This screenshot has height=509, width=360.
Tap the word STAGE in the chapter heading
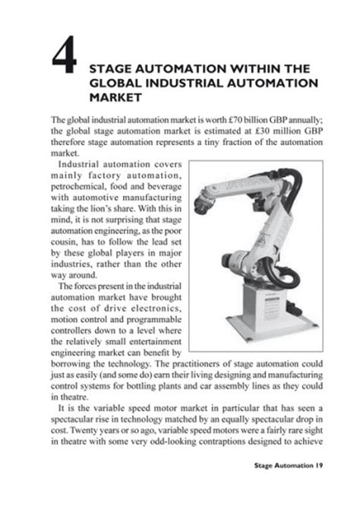click(114, 65)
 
